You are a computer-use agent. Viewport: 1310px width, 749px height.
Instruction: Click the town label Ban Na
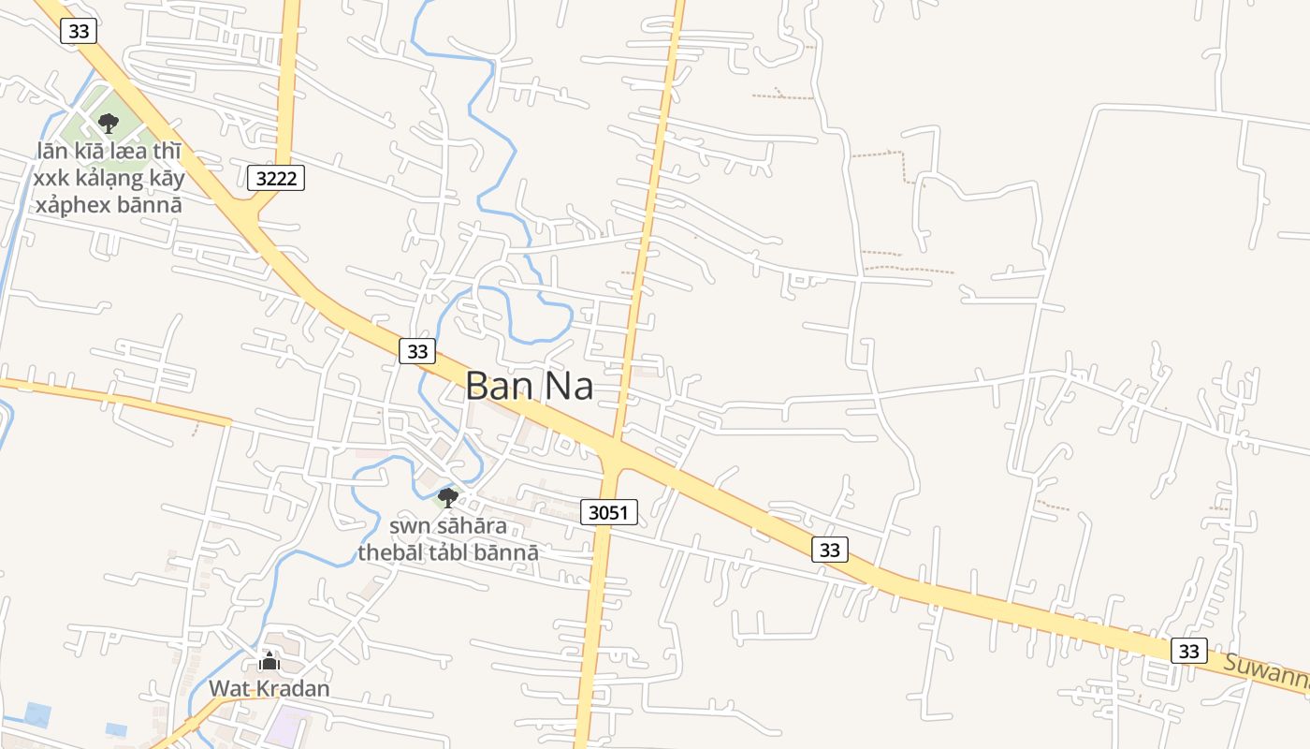(530, 385)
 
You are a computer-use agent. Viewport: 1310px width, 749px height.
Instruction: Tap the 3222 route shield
(277, 178)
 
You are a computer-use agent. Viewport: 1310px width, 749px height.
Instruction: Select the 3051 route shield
(609, 512)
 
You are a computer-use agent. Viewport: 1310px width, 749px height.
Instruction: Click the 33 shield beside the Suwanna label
(1188, 651)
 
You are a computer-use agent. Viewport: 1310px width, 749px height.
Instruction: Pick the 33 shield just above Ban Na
(417, 351)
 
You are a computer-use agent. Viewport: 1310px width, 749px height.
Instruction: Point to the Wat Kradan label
(269, 689)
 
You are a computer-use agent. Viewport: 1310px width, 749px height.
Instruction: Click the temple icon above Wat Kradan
(269, 662)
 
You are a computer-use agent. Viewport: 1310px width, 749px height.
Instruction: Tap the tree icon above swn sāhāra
(448, 497)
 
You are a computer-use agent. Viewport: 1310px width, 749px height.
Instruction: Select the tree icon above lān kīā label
(109, 123)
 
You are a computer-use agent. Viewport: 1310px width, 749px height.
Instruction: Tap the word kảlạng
(107, 179)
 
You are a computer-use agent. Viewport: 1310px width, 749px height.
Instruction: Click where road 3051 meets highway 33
(612, 453)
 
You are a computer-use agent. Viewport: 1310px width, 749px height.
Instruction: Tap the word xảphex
(70, 204)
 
